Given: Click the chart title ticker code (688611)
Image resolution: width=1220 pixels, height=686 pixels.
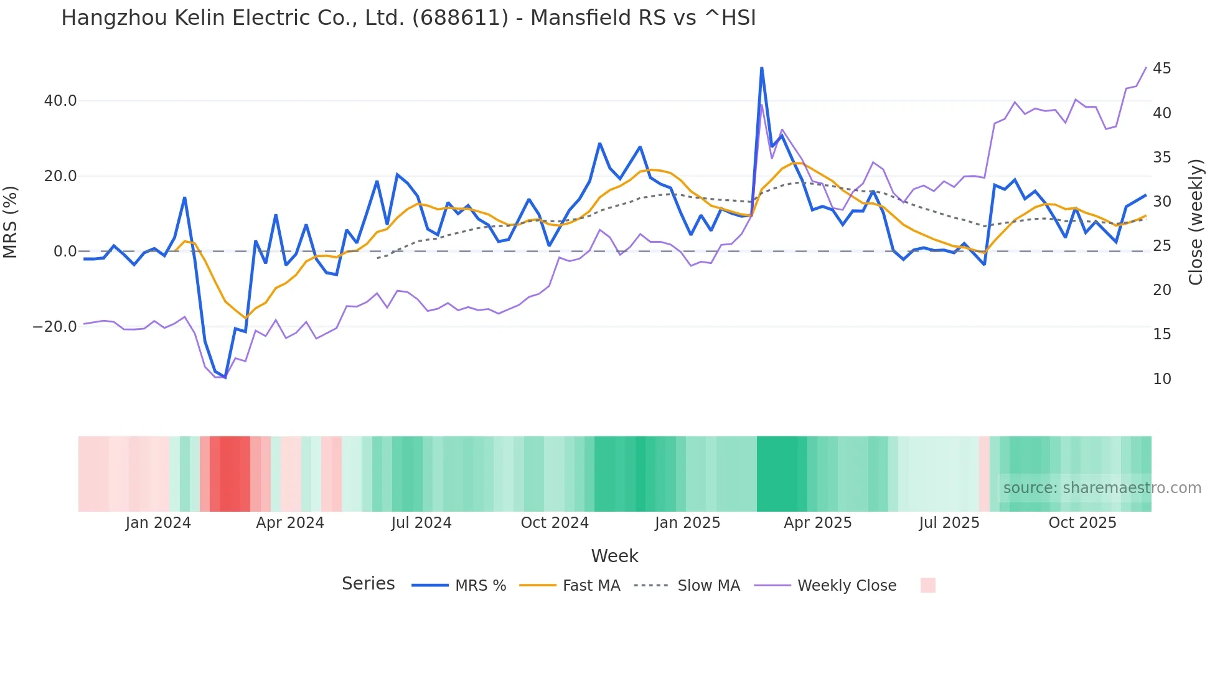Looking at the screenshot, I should [x=460, y=18].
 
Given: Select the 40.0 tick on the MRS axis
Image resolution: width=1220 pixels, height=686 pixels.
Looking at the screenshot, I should [x=60, y=101].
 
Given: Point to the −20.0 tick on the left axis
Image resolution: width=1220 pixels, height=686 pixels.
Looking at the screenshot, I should [x=55, y=327].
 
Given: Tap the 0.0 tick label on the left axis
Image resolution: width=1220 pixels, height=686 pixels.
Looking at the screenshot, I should [x=65, y=251].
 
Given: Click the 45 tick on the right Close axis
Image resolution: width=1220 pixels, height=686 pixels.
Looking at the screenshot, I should [x=1161, y=68].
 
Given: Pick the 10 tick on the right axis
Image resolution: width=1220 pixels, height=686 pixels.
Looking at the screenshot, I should [x=1161, y=379].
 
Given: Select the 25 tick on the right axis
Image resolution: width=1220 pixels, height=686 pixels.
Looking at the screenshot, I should [x=1161, y=246].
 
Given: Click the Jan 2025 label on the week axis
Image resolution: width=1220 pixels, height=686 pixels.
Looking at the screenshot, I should [x=687, y=523].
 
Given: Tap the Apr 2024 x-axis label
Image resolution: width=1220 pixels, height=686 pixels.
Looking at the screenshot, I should [x=290, y=523].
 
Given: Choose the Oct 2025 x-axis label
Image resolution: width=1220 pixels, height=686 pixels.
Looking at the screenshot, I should [x=1082, y=523].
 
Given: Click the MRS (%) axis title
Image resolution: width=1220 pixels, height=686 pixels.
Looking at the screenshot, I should [x=11, y=222].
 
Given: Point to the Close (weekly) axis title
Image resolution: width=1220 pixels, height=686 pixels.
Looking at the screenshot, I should [x=1196, y=222].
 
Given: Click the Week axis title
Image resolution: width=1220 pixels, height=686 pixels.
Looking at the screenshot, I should [x=614, y=556].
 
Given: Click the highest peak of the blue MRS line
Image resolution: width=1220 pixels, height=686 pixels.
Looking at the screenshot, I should [x=761, y=68].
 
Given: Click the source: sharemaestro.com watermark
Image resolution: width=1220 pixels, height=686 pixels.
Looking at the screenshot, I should [x=1102, y=488].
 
